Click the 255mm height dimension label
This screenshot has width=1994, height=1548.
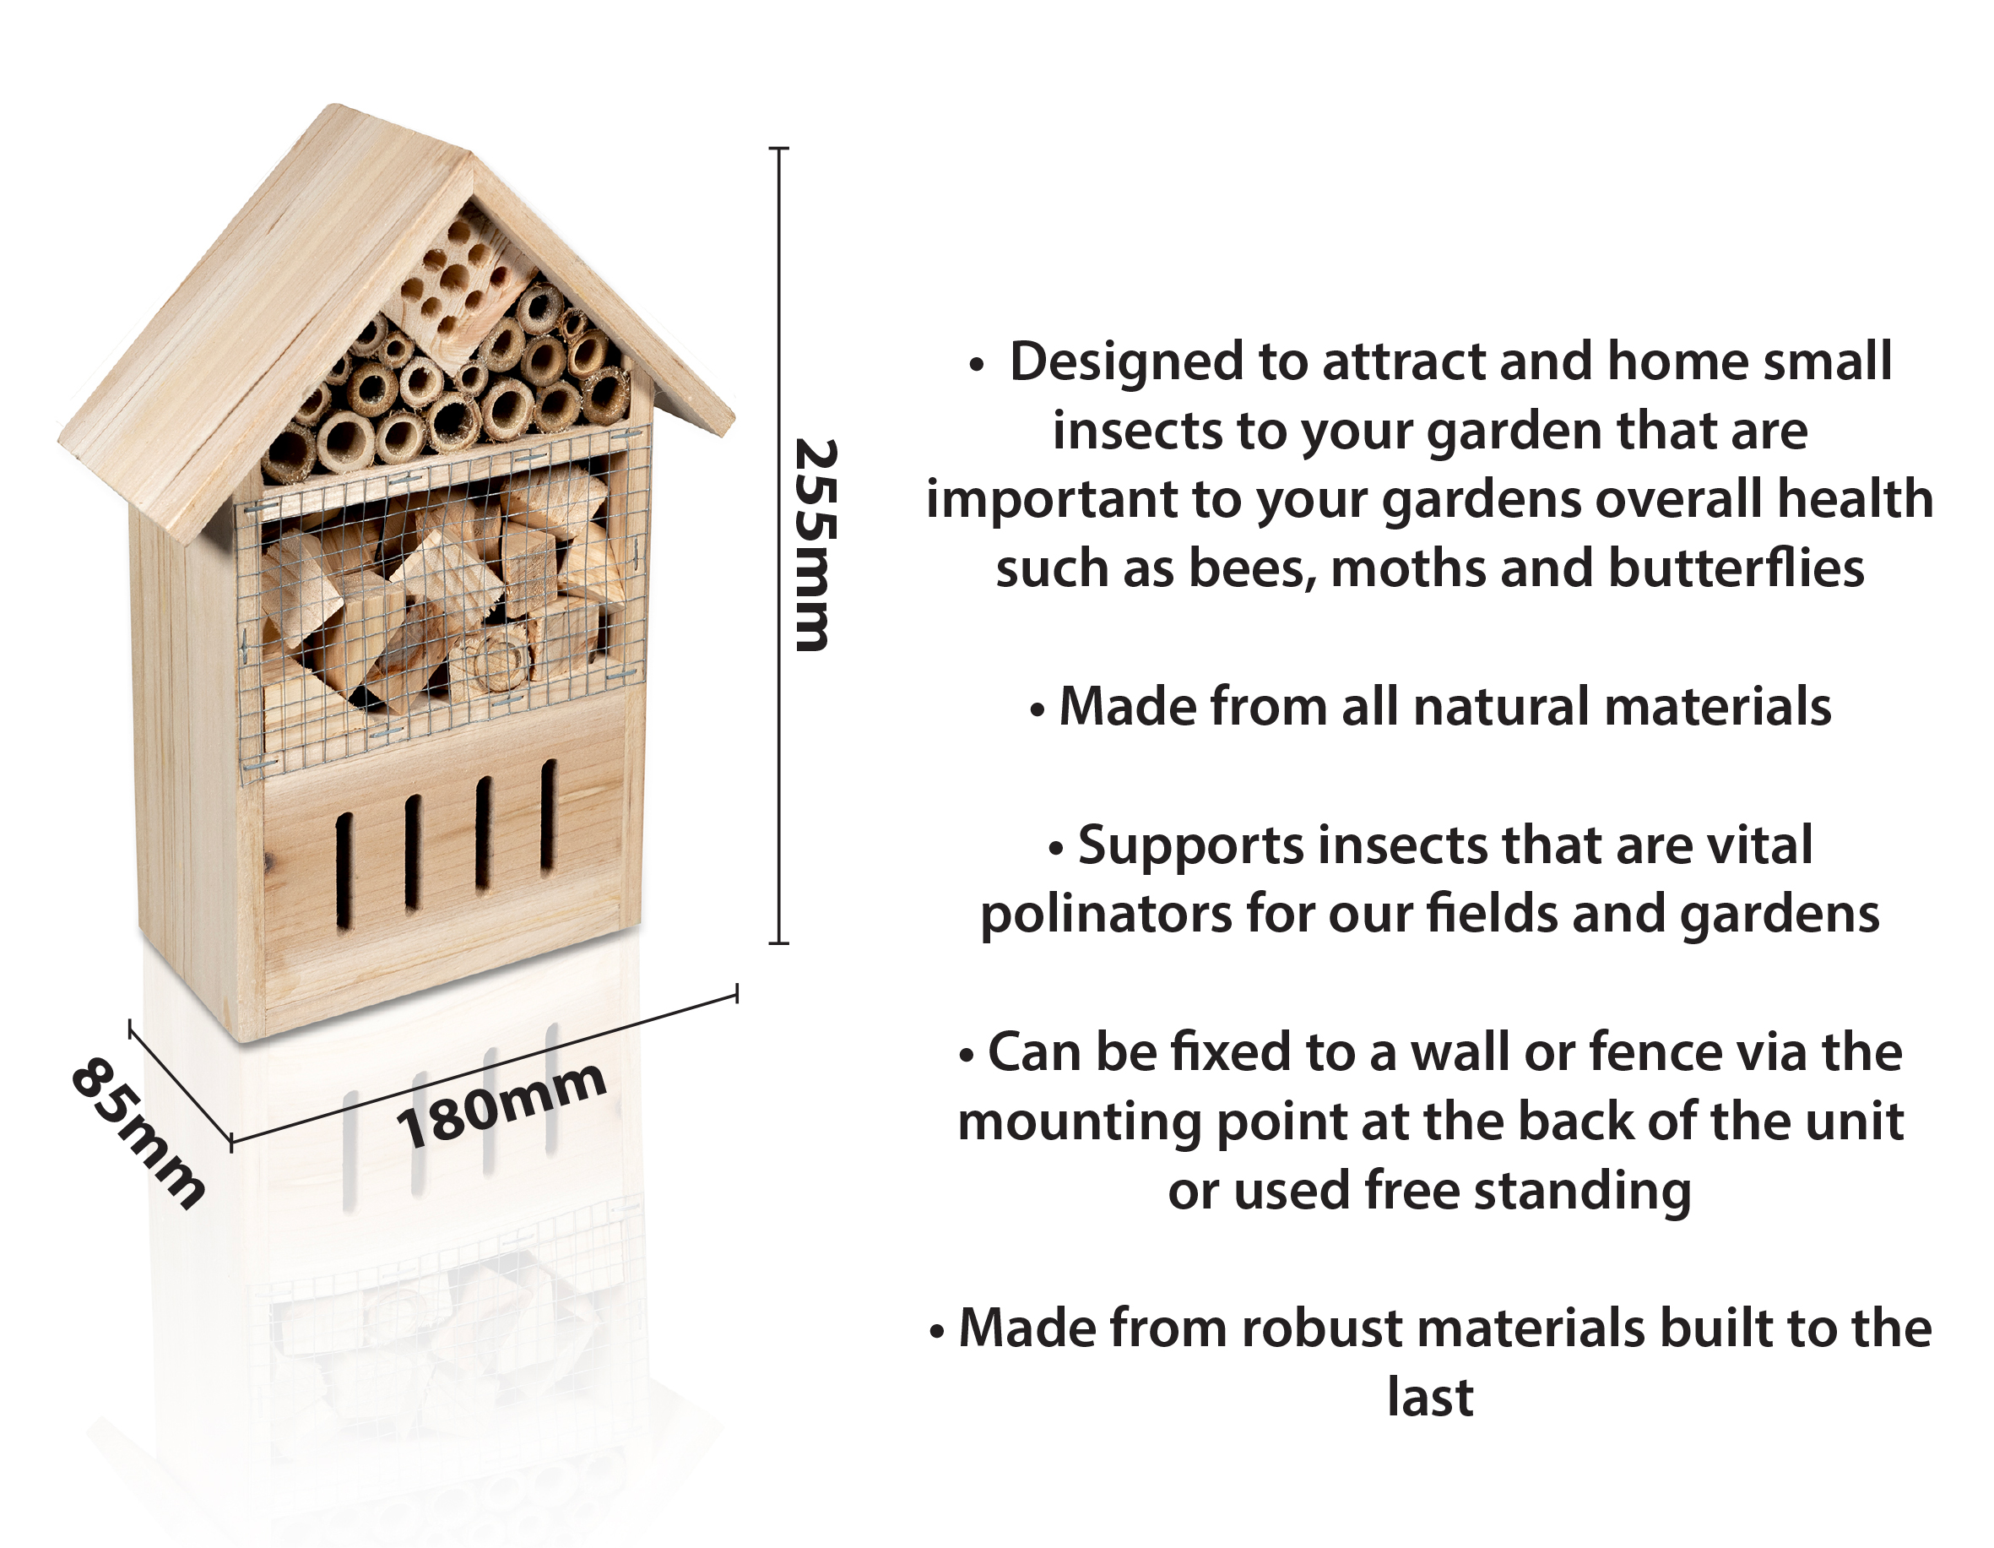click(x=815, y=546)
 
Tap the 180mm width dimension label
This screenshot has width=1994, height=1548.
click(x=501, y=1105)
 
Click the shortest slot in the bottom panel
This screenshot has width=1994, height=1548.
click(x=345, y=873)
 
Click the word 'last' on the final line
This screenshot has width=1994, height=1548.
click(x=1430, y=1399)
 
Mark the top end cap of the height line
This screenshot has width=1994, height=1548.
click(x=779, y=148)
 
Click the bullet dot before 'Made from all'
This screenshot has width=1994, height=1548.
click(x=1038, y=710)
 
